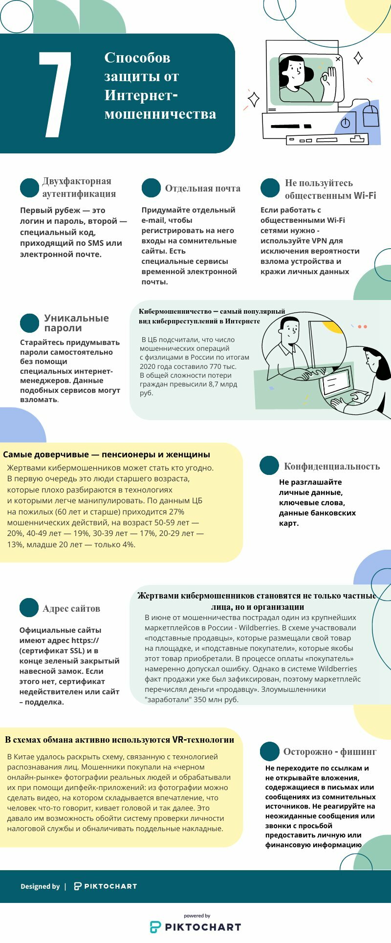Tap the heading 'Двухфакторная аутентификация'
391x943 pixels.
point(79,188)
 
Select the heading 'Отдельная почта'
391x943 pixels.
point(202,189)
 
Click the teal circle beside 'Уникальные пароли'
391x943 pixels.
point(29,323)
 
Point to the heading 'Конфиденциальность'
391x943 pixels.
point(332,466)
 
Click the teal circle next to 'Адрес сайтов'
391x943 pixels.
point(29,608)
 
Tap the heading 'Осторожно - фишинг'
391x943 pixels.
point(330,751)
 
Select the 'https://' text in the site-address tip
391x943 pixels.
point(85,640)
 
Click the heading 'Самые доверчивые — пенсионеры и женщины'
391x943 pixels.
point(107,454)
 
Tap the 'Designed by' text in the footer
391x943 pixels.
point(40,886)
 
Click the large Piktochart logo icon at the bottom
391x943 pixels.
point(155,927)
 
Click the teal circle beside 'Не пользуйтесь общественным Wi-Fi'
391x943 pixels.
point(270,188)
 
